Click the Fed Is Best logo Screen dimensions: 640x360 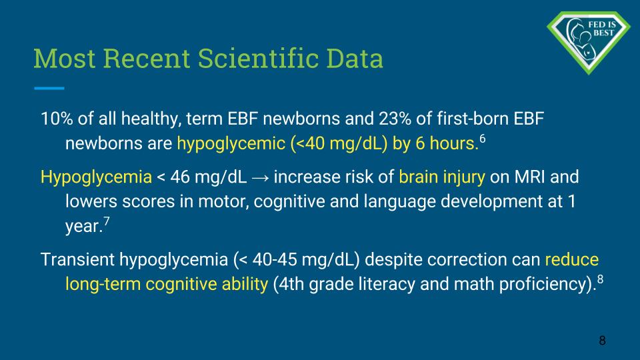click(588, 43)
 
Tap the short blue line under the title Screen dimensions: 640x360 click(49, 88)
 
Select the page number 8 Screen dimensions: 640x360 click(602, 341)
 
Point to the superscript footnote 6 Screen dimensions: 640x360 click(483, 139)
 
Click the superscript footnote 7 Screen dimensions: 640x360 click(107, 221)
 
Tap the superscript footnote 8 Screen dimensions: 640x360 click(600, 279)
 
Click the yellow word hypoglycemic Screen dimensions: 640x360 click(231, 144)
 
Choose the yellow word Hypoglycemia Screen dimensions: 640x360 click(96, 177)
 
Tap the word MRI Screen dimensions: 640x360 click(529, 177)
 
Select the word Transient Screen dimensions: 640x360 click(77, 259)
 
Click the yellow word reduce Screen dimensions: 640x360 click(572, 259)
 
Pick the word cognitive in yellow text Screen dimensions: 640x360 click(181, 285)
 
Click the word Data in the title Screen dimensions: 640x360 click(355, 59)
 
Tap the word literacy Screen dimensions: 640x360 click(387, 285)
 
